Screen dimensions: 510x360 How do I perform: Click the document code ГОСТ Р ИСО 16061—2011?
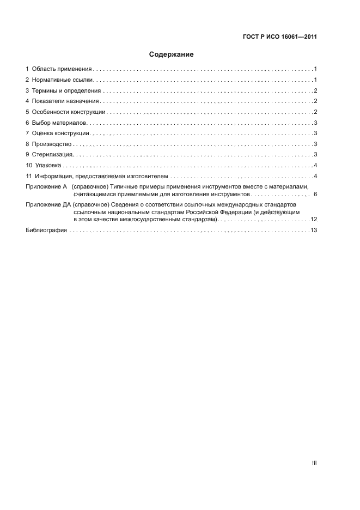pyautogui.click(x=279, y=38)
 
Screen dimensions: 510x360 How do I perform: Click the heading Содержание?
pyautogui.click(x=172, y=54)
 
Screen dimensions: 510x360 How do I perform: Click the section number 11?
pyautogui.click(x=29, y=176)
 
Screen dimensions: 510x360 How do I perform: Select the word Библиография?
pyautogui.click(x=46, y=230)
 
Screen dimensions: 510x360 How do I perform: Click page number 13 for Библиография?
pyautogui.click(x=314, y=230)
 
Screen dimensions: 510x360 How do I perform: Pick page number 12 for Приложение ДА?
pyautogui.click(x=314, y=219)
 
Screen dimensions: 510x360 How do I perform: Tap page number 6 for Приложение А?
pyautogui.click(x=315, y=194)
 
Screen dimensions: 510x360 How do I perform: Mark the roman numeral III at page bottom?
pyautogui.click(x=314, y=463)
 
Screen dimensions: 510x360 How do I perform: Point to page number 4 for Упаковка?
pyautogui.click(x=315, y=166)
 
